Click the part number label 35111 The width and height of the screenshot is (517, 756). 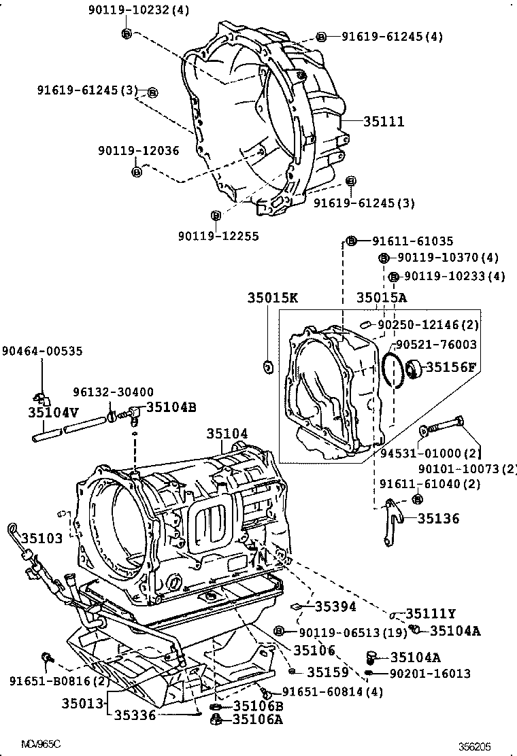coord(384,122)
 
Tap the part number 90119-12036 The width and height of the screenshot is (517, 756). coord(138,151)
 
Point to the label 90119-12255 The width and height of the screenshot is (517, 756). coord(218,235)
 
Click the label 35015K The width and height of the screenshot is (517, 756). coord(272,298)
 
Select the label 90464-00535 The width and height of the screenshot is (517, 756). coord(42,351)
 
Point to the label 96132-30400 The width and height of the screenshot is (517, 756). coord(113,392)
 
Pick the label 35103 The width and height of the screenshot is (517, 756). coord(41,537)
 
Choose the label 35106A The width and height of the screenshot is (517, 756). coord(257,719)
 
